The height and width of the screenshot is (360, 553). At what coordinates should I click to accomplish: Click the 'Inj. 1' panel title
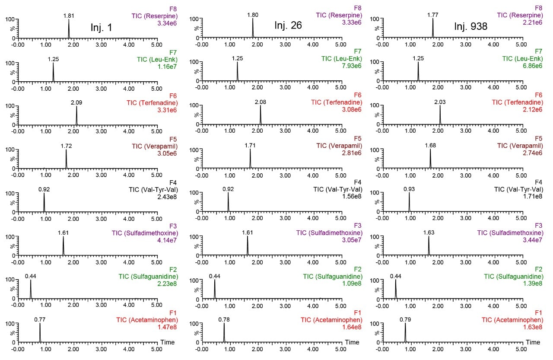pyautogui.click(x=102, y=28)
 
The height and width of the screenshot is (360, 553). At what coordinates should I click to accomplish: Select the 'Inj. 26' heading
pyautogui.click(x=288, y=25)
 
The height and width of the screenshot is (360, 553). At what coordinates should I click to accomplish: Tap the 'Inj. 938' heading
pyautogui.click(x=470, y=27)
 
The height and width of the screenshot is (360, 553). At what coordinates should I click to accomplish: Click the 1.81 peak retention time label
pyautogui.click(x=69, y=16)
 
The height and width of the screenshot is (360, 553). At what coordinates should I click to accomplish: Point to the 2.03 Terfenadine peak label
pyautogui.click(x=439, y=102)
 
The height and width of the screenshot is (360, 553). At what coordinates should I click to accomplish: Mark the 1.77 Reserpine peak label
pyautogui.click(x=432, y=15)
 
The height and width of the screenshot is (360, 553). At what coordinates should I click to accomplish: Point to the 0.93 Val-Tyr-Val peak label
pyautogui.click(x=409, y=189)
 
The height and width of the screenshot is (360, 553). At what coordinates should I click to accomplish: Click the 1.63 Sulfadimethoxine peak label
pyautogui.click(x=429, y=233)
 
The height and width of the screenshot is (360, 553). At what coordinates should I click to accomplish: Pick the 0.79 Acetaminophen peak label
pyautogui.click(x=405, y=319)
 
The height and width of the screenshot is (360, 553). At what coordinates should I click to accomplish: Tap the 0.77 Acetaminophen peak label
pyautogui.click(x=40, y=319)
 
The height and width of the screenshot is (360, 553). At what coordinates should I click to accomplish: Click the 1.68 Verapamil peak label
pyautogui.click(x=430, y=146)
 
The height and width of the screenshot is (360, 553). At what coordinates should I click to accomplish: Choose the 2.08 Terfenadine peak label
pyautogui.click(x=261, y=102)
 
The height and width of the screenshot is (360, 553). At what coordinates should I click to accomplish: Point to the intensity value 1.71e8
pyautogui.click(x=533, y=197)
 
